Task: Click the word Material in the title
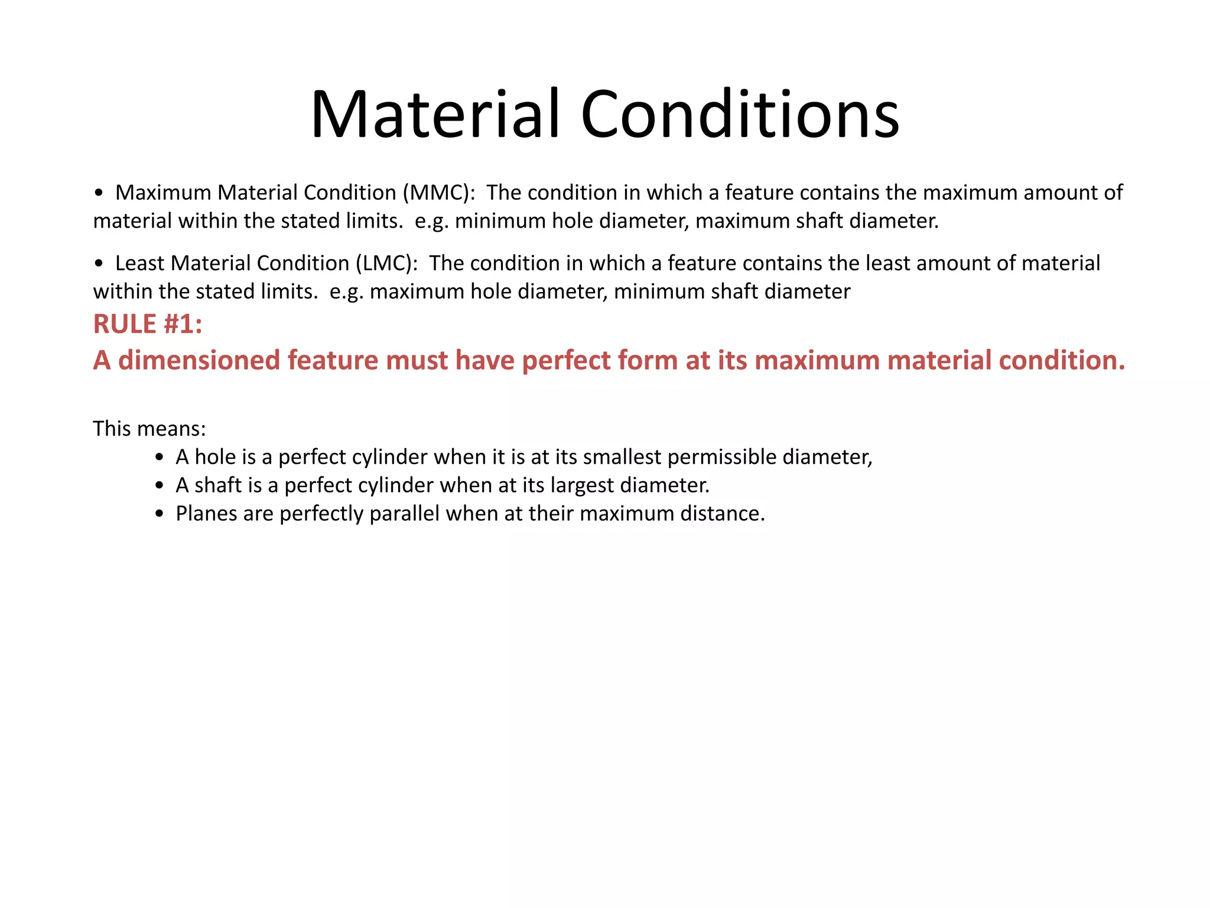(x=434, y=114)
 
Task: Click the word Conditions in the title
(x=740, y=114)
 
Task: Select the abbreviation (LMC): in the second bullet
(x=386, y=263)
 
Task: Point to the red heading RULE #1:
(x=148, y=324)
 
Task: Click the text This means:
(x=149, y=429)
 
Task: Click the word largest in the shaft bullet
(x=582, y=485)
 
